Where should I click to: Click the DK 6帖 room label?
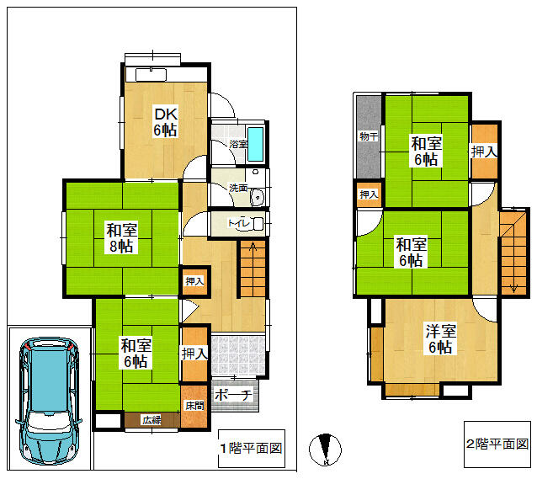tap(166, 121)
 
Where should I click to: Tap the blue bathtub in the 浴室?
tap(256, 144)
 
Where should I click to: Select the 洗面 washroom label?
tap(238, 188)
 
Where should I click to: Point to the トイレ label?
tap(238, 223)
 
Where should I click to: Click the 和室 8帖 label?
tap(121, 237)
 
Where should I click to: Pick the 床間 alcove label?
tap(194, 406)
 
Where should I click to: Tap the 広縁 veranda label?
tap(152, 420)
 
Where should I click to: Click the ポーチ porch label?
tap(233, 395)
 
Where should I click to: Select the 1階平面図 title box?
tap(252, 449)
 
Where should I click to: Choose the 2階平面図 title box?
tap(497, 444)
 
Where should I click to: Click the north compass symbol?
tap(326, 450)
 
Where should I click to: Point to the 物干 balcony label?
tap(369, 136)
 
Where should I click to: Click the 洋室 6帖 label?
tap(441, 338)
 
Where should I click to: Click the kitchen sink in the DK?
tap(151, 75)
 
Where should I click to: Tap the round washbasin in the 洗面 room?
tap(257, 197)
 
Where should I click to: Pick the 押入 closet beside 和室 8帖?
tap(194, 281)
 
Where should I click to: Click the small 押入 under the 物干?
tap(369, 194)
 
